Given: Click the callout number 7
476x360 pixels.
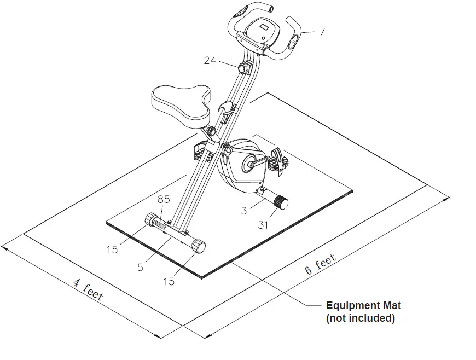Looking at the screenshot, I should pos(322,32).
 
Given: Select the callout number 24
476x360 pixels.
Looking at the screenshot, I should pos(210,60).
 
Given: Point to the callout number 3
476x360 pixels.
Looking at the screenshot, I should pos(245,210).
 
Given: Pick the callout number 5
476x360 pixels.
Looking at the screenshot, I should pos(141,268).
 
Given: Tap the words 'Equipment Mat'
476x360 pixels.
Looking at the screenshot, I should pos(363,306).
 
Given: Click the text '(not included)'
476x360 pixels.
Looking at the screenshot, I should pos(360,318).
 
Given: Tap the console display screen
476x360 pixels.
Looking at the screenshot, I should pos(263,28).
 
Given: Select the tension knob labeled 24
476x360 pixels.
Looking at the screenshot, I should pos(242,68).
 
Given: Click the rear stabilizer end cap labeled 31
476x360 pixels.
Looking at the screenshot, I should pos(281,203).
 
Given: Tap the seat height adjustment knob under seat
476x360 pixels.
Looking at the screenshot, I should pos(210,132).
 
